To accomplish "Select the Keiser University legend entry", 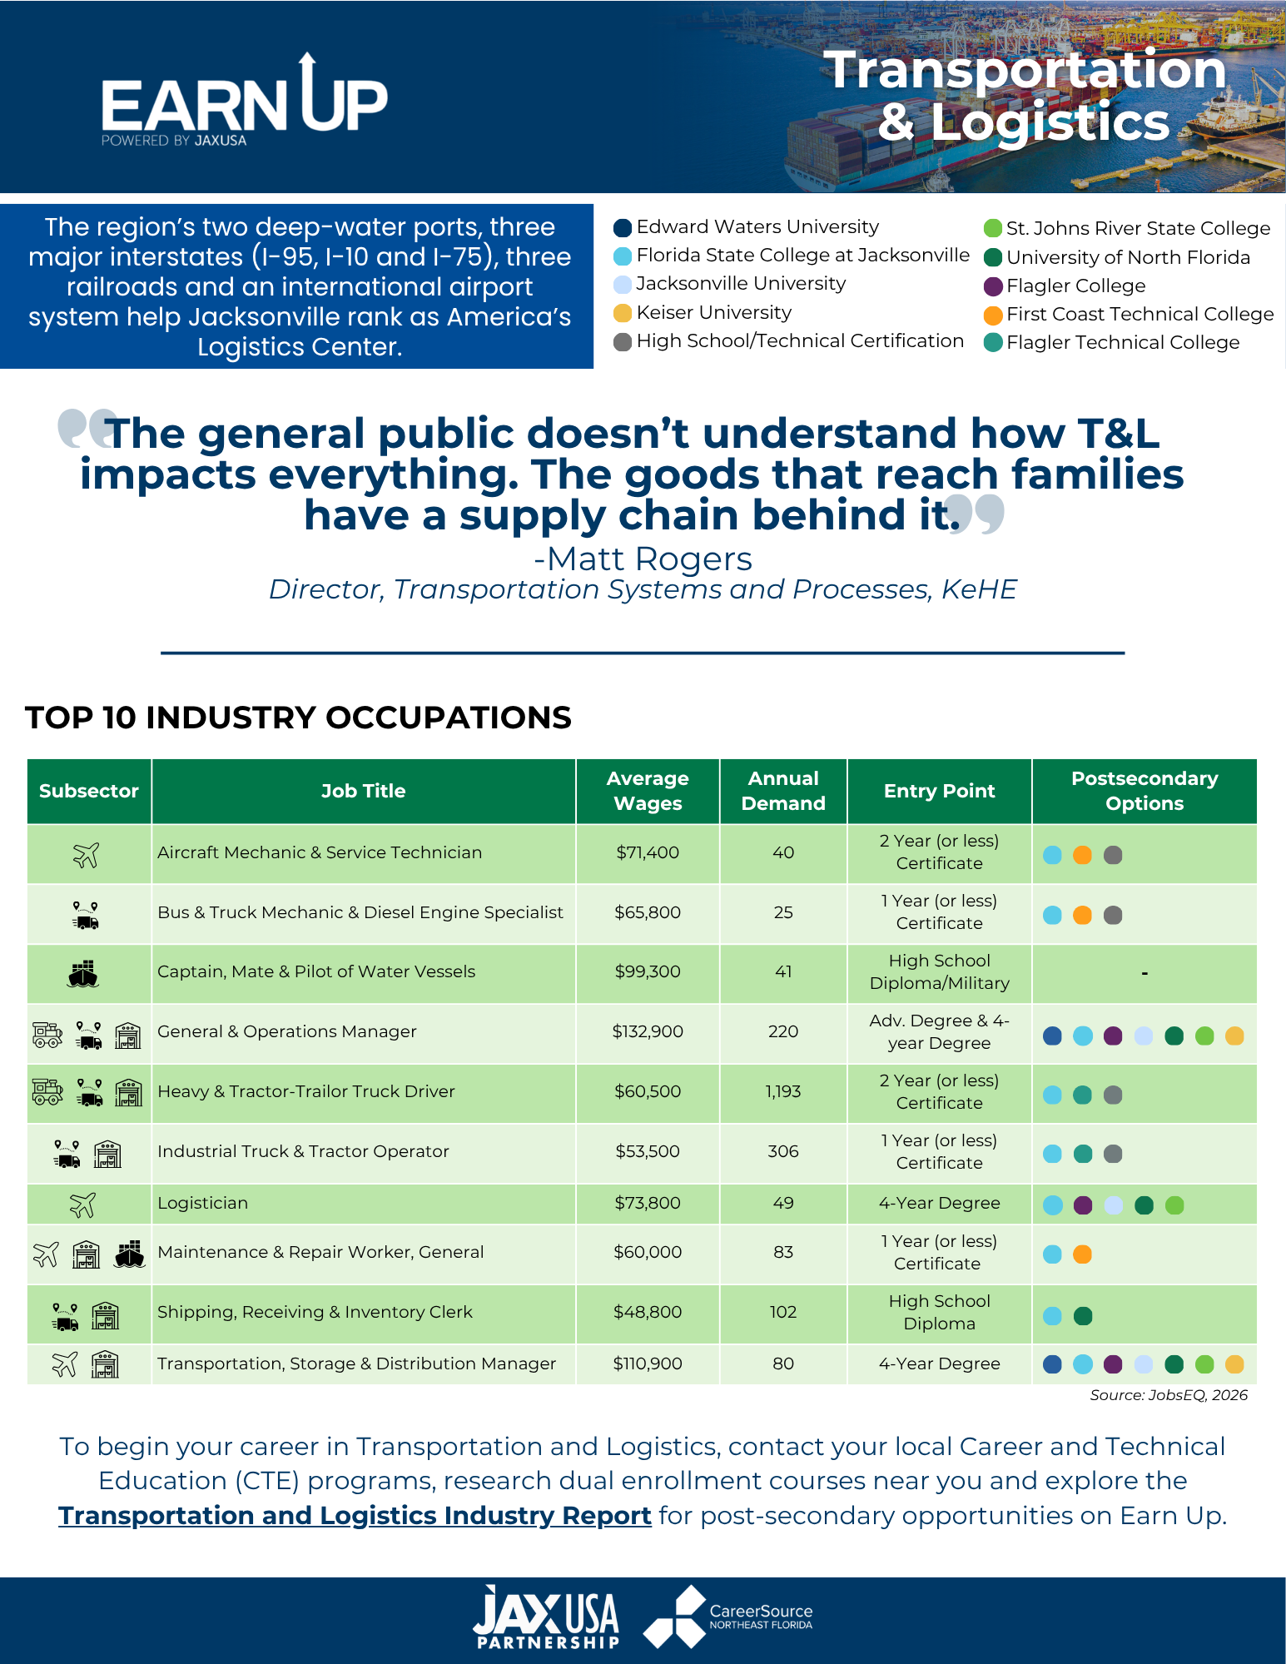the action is tap(703, 313).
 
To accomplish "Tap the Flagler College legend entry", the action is tap(1065, 286).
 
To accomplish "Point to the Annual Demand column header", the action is tap(783, 791).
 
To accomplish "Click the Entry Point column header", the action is tap(940, 791).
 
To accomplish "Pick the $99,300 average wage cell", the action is tap(648, 971).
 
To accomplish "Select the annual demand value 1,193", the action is tap(783, 1091).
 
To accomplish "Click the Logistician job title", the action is tap(203, 1203).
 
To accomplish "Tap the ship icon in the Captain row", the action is tap(83, 973).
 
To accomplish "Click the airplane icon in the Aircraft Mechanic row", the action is tap(87, 854).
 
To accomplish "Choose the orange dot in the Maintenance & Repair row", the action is tap(1082, 1254).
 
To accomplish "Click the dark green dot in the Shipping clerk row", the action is tap(1083, 1316).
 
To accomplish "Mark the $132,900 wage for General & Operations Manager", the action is tap(648, 1031).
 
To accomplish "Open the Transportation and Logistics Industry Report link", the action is tap(355, 1516).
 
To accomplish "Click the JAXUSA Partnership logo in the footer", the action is tap(546, 1617).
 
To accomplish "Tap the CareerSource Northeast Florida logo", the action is tap(728, 1617).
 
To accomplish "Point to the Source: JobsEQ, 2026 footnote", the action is tap(1169, 1395).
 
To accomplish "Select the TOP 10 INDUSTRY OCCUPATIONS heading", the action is tap(298, 718).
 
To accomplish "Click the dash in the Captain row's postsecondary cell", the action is tap(1144, 973).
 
